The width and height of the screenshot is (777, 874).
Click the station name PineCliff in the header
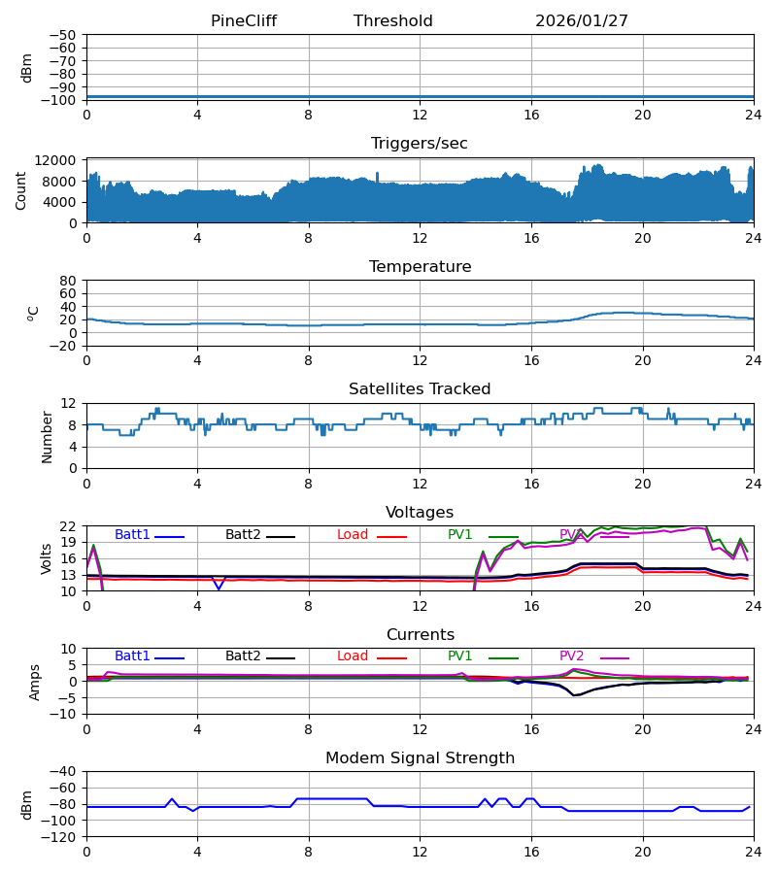coord(251,21)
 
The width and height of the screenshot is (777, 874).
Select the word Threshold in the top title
coord(392,21)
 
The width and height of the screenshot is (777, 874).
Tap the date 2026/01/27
coord(582,21)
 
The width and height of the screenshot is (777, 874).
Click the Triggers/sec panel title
coord(420,144)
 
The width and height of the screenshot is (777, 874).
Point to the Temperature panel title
coord(420,267)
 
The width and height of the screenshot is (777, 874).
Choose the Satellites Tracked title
coord(420,389)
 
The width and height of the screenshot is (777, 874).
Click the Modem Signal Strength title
coord(420,758)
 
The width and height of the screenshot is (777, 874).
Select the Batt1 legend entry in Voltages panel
coord(132,535)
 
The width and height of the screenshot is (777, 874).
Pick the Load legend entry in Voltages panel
coord(353,535)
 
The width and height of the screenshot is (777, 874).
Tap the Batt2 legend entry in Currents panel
coord(243,656)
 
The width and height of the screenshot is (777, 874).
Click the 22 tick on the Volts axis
coord(70,526)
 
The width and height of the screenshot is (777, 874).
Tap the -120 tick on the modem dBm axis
coord(62,837)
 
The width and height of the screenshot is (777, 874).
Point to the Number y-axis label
coord(48,436)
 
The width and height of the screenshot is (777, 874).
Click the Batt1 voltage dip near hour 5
coord(219,588)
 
